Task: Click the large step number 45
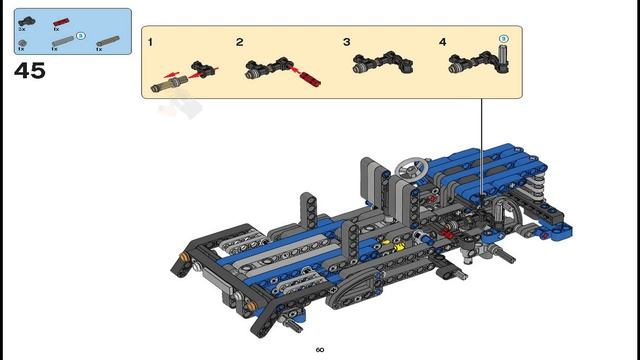coord(29,71)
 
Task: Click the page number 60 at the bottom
coord(320,350)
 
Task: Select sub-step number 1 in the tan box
coord(150,43)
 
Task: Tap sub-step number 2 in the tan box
coord(240,43)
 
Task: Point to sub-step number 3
coord(346,43)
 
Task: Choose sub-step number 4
coord(442,43)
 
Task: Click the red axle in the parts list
coord(63,20)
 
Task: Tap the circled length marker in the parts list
coord(81,36)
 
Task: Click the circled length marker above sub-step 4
coord(505,39)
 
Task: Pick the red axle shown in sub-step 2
coord(307,76)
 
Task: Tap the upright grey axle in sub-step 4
coord(504,61)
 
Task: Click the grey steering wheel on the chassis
coord(411,167)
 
